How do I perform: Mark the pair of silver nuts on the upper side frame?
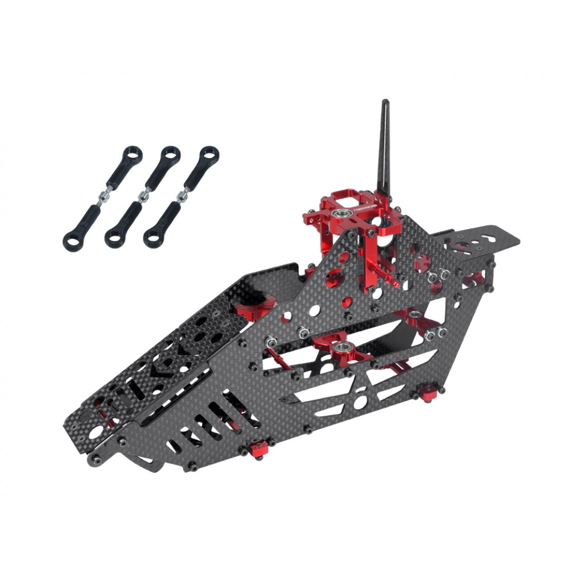pyautogui.click(x=437, y=275)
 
